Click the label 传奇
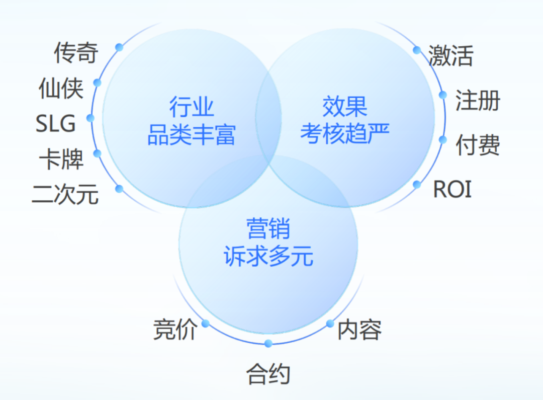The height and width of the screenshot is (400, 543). point(76,53)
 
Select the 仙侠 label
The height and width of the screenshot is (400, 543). point(61,88)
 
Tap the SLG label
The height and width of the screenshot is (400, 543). point(55,123)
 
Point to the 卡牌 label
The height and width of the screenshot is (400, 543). point(61,159)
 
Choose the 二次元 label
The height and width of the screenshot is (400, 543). point(65,194)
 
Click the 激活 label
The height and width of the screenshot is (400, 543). point(450,55)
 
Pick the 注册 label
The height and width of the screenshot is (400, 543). point(478,100)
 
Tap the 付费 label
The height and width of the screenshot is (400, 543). point(478,145)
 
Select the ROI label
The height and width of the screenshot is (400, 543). point(452,189)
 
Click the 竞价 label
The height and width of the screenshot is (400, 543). point(175,329)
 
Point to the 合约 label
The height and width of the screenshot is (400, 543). point(268,374)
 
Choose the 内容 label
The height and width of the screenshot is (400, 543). point(359,330)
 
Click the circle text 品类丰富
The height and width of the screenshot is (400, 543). point(192,134)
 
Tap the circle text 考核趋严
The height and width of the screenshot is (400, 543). point(344,133)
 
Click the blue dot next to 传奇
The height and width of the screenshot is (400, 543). point(119,47)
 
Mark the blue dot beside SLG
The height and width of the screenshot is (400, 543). point(90,118)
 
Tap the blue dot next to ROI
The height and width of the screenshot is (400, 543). point(417,184)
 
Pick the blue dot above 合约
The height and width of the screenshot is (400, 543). point(268,344)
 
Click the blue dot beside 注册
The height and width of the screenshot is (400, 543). point(442,95)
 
